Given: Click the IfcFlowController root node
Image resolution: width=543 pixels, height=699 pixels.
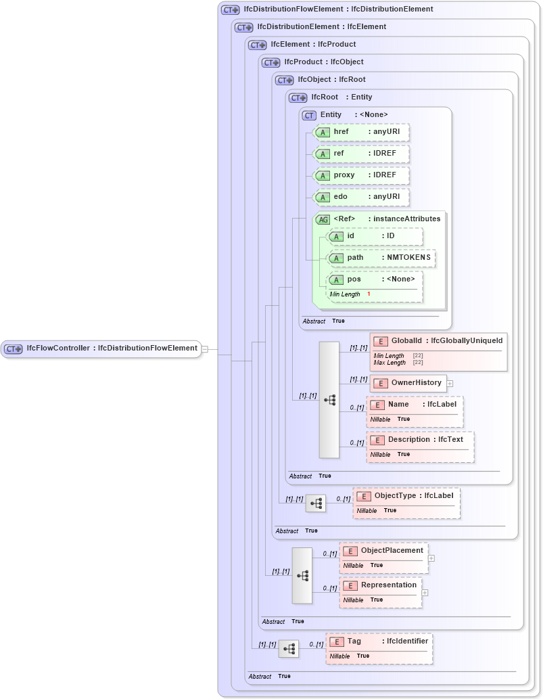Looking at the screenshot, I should coord(101,348).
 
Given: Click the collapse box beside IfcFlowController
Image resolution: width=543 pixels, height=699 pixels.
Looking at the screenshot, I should coord(205,349).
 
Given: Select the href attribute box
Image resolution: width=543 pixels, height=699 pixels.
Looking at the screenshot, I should coord(362,132).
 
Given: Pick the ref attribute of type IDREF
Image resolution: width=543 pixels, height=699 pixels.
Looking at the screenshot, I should coord(362,154).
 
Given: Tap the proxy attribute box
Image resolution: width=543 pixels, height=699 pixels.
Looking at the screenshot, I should coord(362,175).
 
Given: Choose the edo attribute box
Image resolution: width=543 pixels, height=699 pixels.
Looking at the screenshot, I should coord(362,197).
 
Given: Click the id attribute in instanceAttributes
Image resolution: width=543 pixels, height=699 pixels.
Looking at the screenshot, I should coord(375,236).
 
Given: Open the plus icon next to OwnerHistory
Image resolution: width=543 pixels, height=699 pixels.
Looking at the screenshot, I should coord(450,384).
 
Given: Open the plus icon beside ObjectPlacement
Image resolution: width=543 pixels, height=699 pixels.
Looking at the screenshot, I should coord(431,558).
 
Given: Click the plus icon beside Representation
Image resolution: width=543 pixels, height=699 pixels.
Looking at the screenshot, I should coord(425,593).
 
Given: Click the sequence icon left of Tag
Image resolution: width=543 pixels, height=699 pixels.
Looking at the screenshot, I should coord(289,649).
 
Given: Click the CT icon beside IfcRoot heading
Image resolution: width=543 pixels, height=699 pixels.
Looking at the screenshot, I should coord(298,97).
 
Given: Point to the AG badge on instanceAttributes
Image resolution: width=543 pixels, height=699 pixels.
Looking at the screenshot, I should coord(323,219).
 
